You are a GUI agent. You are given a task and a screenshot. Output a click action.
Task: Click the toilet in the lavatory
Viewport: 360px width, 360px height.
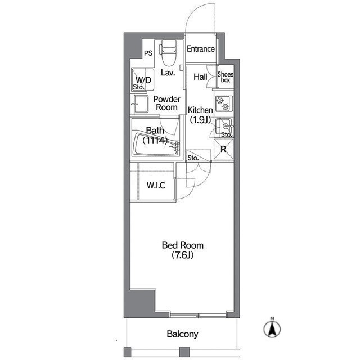pyautogui.click(x=169, y=52)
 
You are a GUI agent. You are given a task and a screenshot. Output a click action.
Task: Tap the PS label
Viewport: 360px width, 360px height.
pyautogui.click(x=148, y=53)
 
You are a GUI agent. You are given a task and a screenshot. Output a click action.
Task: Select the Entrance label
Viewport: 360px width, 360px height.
pyautogui.click(x=201, y=49)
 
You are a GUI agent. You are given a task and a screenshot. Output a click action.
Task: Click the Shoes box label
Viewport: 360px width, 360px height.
pyautogui.click(x=226, y=77)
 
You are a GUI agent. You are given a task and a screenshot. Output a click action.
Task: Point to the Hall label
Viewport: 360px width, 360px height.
pyautogui.click(x=200, y=77)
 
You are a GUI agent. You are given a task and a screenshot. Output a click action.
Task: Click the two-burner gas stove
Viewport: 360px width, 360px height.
pyautogui.click(x=223, y=103)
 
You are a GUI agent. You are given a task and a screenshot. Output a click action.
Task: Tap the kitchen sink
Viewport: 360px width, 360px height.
pyautogui.click(x=224, y=126)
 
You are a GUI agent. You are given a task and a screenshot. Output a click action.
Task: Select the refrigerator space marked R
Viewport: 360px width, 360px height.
pyautogui.click(x=223, y=149)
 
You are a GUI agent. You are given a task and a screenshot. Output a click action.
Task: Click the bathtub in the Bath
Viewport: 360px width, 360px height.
pyautogui.click(x=156, y=144)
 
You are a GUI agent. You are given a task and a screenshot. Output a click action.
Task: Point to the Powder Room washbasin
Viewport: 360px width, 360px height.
pyautogui.click(x=141, y=104)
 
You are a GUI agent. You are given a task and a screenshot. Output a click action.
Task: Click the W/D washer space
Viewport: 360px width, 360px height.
pyautogui.click(x=142, y=79)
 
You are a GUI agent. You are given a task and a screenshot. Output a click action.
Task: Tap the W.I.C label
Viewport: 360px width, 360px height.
pyautogui.click(x=156, y=185)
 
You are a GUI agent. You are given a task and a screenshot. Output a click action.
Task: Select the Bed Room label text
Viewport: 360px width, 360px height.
pyautogui.click(x=183, y=245)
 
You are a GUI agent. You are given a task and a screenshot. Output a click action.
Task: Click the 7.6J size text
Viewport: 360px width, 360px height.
pyautogui.click(x=183, y=255)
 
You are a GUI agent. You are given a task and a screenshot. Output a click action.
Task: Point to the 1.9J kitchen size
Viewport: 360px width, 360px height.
pyautogui.click(x=200, y=119)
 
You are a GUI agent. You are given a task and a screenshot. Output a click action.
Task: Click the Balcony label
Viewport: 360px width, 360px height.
pyautogui.click(x=182, y=334)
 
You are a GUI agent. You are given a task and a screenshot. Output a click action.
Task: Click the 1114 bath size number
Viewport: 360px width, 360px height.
pyautogui.click(x=155, y=140)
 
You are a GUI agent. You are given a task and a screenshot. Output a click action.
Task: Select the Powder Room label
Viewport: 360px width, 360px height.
pyautogui.click(x=167, y=103)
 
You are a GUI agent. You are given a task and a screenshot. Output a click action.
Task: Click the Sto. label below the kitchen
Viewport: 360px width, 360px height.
pyautogui.click(x=193, y=158)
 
